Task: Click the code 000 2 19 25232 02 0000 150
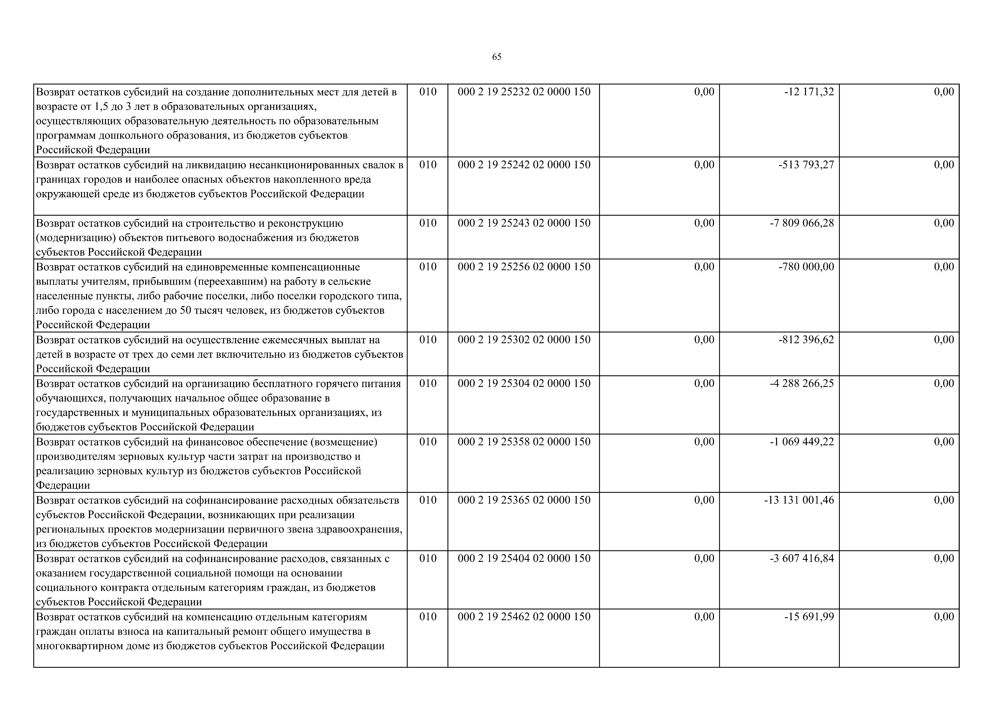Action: [x=524, y=92]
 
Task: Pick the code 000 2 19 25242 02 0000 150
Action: [x=524, y=165]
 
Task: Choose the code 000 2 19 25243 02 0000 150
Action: [x=524, y=223]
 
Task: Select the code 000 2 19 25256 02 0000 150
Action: [x=524, y=267]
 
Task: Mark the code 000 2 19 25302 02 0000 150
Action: [x=524, y=340]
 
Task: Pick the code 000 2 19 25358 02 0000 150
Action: [x=524, y=442]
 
